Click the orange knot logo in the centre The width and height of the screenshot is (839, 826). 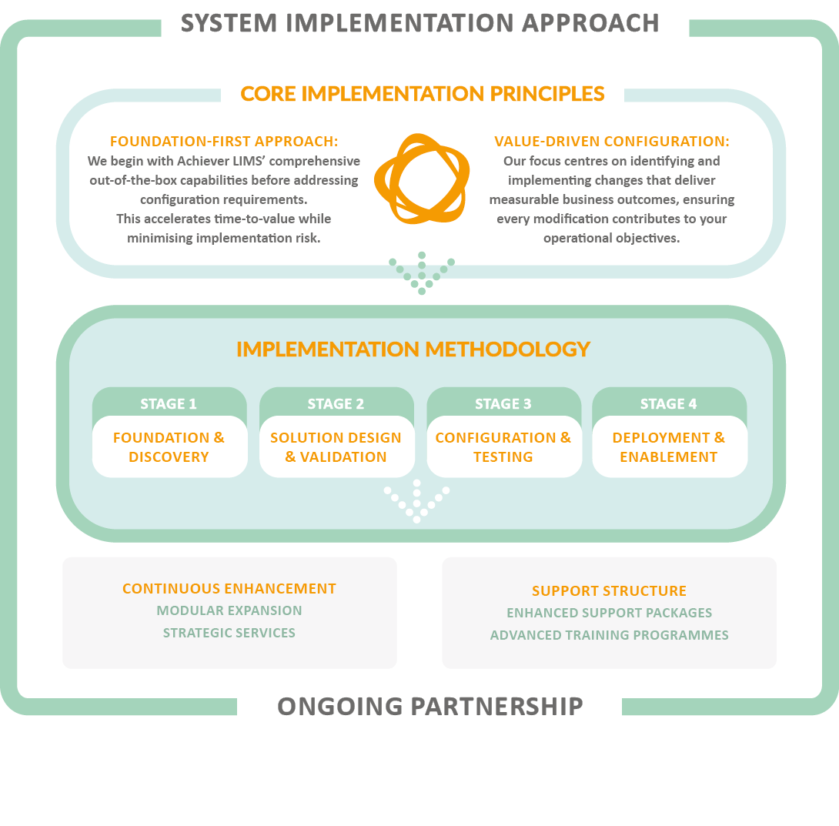[421, 179]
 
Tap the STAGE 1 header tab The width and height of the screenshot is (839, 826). [169, 403]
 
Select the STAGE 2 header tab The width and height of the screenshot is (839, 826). [336, 403]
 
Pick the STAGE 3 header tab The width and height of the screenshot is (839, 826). [503, 403]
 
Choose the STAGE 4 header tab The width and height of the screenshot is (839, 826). [668, 403]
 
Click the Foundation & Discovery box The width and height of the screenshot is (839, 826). [169, 447]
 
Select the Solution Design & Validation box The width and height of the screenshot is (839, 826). [336, 447]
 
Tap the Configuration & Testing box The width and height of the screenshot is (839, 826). [503, 447]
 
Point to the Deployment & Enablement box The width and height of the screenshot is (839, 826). [669, 447]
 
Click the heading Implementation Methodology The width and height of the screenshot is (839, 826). [413, 349]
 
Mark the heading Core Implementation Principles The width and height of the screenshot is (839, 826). [423, 94]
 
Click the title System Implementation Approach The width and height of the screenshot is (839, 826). [420, 22]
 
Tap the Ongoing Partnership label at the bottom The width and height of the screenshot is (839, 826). [430, 706]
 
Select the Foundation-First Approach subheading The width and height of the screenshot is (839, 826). [224, 142]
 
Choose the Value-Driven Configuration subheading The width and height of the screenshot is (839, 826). [612, 142]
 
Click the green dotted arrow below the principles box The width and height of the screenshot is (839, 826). [422, 274]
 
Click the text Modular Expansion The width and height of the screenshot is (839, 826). [229, 610]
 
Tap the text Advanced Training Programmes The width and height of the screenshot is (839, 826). [609, 636]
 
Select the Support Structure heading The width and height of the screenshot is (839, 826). [609, 591]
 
